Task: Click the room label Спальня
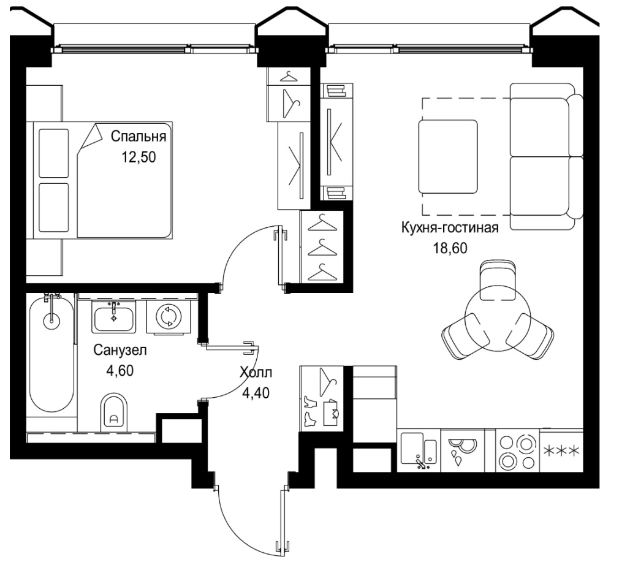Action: coord(139,137)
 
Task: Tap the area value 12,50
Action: coord(139,157)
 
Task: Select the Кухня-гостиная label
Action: coord(450,228)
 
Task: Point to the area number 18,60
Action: coord(450,248)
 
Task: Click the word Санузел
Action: coord(120,351)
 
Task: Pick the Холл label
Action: coord(256,373)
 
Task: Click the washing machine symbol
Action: coord(169,317)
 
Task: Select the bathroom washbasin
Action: coord(114,317)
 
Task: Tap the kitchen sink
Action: coord(419,450)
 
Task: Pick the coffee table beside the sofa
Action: coord(448,157)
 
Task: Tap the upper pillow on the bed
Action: coord(54,153)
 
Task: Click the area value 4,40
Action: coord(256,392)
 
